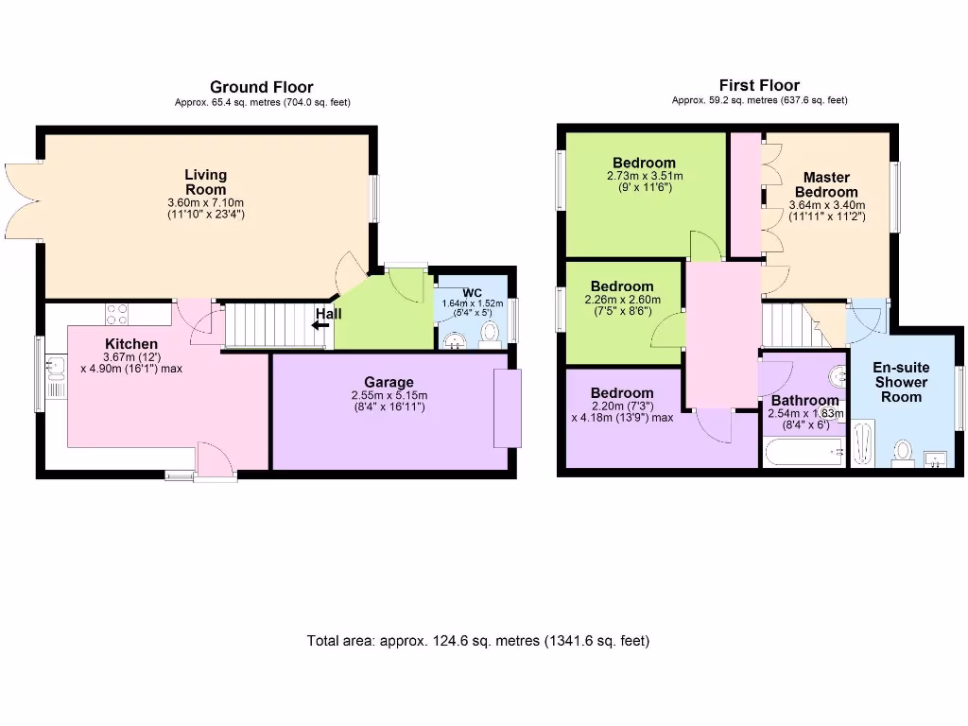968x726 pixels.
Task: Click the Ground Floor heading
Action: [x=262, y=87]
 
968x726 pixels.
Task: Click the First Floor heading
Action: [x=759, y=85]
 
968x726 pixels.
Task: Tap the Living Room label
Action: [x=205, y=181]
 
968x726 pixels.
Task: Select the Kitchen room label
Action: [x=131, y=343]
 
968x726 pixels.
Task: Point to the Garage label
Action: [x=389, y=382]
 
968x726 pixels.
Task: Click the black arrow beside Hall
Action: [x=321, y=325]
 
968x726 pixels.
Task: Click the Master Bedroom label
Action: [x=825, y=184]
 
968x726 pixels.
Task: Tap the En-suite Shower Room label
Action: [x=903, y=382]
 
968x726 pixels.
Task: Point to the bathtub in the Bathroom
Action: [x=804, y=455]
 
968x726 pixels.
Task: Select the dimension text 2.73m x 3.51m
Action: [x=645, y=176]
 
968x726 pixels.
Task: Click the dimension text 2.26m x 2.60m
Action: [x=622, y=301]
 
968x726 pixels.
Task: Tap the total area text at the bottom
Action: [x=478, y=641]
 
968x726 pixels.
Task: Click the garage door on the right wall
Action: [x=508, y=407]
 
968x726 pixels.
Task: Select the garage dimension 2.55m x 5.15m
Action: [x=389, y=395]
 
